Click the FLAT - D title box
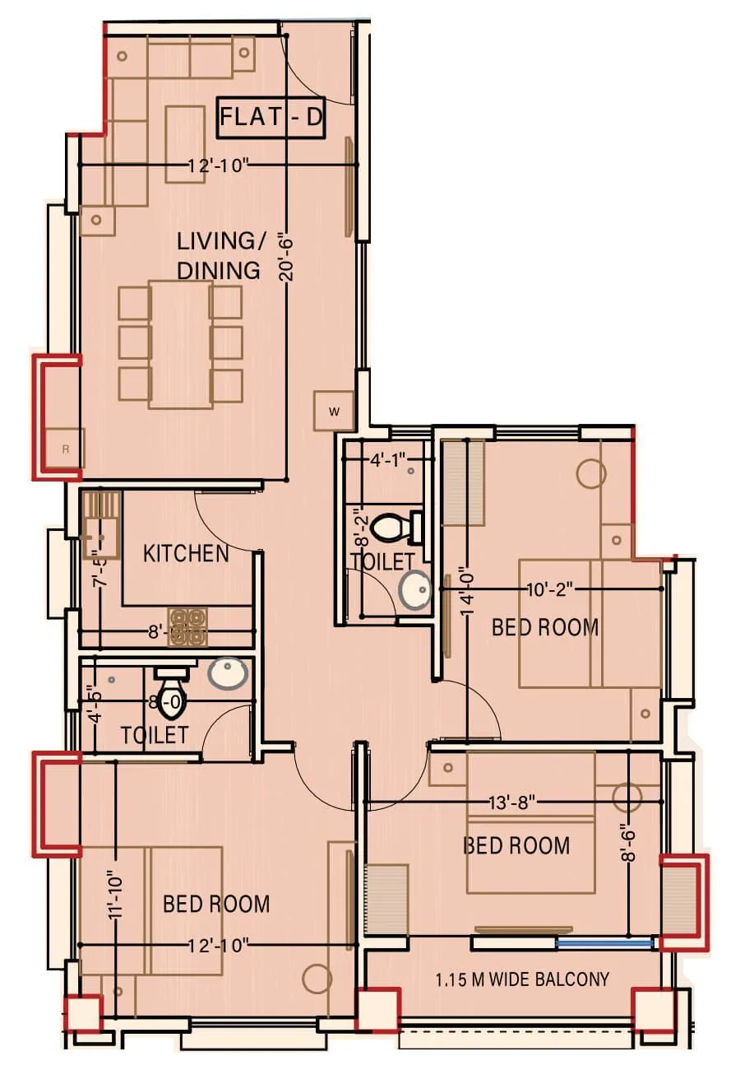point(271,118)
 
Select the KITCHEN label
point(186,553)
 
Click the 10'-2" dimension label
point(549,589)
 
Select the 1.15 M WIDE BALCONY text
point(523,979)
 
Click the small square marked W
point(334,412)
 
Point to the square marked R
point(67,449)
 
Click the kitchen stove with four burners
point(187,626)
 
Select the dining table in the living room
point(180,344)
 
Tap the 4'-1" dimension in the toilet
point(384,461)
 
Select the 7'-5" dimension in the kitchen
point(99,569)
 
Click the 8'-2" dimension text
point(359,528)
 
